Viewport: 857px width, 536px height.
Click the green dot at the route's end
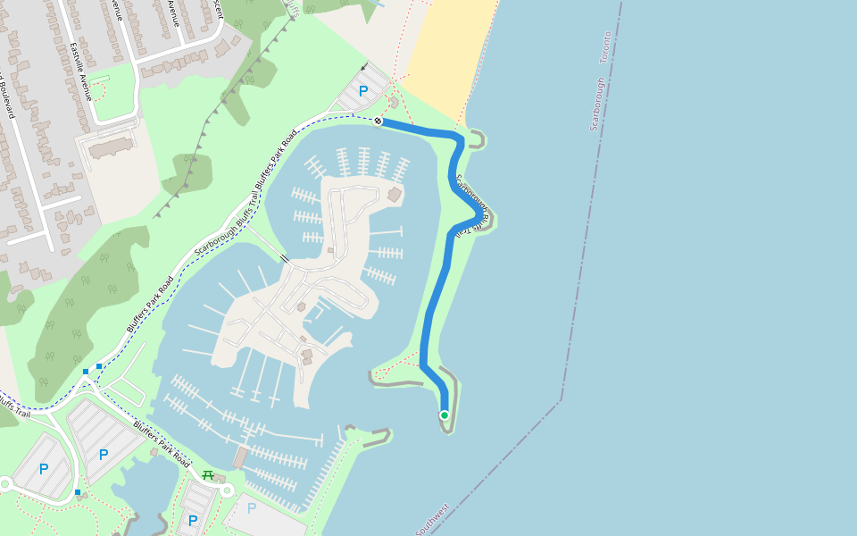(x=444, y=415)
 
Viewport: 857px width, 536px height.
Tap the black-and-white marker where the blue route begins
(x=379, y=121)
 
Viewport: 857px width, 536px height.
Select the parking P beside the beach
(x=362, y=90)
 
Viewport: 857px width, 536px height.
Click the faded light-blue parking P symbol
(x=251, y=508)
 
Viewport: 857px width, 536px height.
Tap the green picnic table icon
(x=208, y=474)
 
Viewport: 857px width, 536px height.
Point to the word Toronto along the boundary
(x=605, y=46)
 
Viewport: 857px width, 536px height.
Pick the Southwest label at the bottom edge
(x=432, y=519)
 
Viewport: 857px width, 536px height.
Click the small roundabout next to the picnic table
(x=227, y=490)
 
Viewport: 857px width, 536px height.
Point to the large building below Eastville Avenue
(x=111, y=146)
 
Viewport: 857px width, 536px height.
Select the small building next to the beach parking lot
(x=394, y=102)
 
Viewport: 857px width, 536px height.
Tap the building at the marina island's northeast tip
(x=395, y=194)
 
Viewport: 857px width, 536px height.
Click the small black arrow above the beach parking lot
(x=363, y=67)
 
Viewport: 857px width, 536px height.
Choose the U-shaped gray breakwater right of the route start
(x=478, y=138)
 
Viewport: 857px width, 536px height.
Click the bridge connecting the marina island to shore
(x=285, y=258)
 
